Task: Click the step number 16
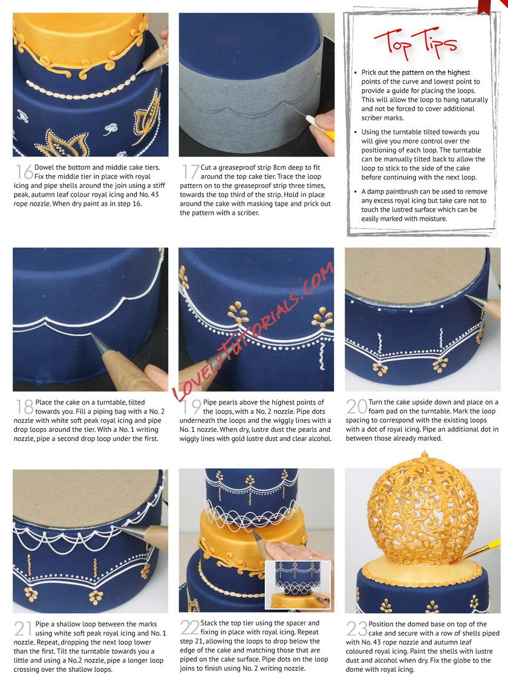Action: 24,172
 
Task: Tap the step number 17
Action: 190,172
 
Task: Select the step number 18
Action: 24,407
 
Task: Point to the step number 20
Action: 356,407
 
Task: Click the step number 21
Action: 24,628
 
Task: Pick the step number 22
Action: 190,628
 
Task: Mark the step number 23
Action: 356,628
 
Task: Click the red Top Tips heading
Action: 415,44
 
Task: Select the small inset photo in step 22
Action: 298,585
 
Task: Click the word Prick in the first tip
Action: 369,73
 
